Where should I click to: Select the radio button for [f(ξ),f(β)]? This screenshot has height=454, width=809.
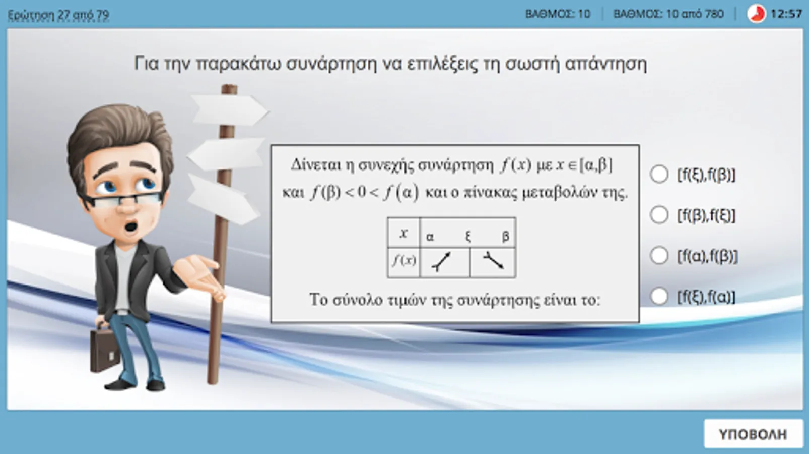[659, 174]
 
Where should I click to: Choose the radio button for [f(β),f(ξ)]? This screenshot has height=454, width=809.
[659, 215]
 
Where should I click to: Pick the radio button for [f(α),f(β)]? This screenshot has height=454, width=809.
[659, 256]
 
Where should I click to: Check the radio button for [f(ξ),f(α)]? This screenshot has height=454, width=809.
[659, 296]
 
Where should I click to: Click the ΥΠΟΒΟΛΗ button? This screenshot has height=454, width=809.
[753, 434]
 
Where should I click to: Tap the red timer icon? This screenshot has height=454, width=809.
[756, 14]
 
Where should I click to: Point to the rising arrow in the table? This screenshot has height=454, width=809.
[441, 261]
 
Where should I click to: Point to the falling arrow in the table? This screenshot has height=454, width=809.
[493, 260]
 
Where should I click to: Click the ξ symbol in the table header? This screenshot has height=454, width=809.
[468, 237]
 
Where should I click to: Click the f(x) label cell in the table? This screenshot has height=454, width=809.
[404, 262]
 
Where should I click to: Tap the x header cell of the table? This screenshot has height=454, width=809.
[404, 233]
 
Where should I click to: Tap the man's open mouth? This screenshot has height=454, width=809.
[131, 227]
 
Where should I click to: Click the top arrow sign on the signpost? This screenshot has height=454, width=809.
[230, 110]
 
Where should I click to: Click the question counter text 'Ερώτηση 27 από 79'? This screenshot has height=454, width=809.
[58, 15]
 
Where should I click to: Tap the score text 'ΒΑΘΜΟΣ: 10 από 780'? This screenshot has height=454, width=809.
[668, 14]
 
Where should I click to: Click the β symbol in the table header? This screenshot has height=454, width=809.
[506, 237]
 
